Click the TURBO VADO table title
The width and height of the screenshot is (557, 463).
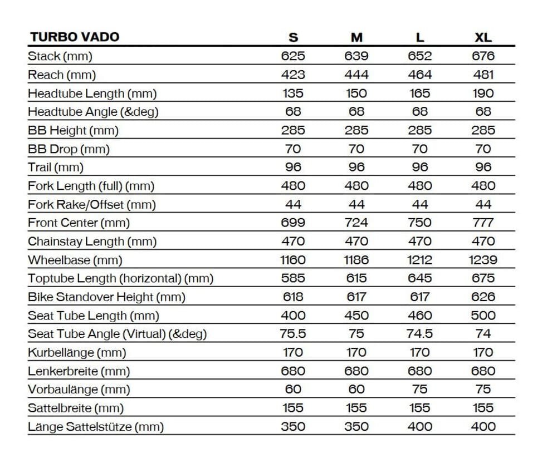74,37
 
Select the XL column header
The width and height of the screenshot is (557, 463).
483,37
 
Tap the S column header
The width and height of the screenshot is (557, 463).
293,37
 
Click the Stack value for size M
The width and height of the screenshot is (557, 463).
356,56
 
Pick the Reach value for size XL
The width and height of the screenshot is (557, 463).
483,75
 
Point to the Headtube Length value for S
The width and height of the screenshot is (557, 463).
293,93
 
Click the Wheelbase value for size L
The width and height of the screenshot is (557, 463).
420,260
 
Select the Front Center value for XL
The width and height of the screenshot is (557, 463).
483,223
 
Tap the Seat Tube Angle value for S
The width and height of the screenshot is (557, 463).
293,334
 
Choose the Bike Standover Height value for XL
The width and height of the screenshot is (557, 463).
483,297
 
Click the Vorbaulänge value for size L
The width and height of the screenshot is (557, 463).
420,390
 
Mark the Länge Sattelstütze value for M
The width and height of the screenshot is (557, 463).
356,426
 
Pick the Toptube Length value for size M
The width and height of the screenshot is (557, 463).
356,278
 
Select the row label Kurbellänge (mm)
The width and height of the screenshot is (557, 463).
77,352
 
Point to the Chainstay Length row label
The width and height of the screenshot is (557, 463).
92,242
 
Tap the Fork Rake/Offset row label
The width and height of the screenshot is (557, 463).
92,204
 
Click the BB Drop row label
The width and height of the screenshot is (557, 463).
69,149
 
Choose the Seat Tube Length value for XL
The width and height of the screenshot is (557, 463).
483,316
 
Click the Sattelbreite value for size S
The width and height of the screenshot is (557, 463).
293,408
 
